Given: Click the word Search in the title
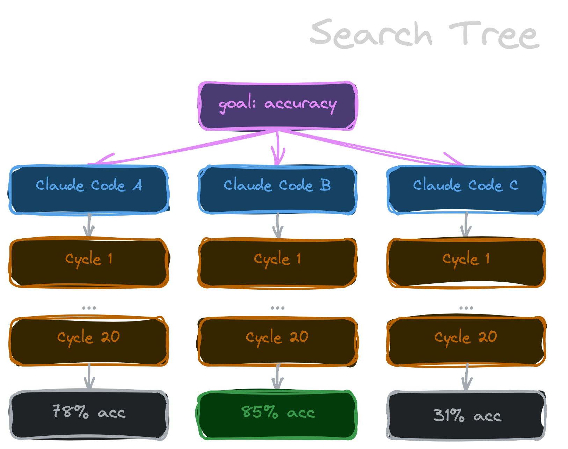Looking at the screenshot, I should tap(371, 34).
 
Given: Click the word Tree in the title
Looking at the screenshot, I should tap(494, 35).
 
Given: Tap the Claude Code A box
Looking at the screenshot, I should tap(89, 189).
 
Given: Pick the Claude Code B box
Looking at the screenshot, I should tap(277, 189).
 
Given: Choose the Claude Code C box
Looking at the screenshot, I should tap(466, 189).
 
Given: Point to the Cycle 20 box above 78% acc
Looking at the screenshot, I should tap(89, 341).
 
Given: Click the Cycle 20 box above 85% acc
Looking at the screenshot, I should tap(277, 341).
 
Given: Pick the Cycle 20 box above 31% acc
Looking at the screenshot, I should tap(466, 341).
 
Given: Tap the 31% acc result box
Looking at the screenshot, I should tap(466, 415).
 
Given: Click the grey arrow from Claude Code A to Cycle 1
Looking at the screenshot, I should tap(89, 225).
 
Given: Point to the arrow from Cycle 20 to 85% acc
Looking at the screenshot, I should tap(278, 377).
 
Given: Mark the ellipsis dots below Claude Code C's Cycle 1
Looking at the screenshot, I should tap(466, 308).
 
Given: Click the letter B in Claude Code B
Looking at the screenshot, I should tap(325, 185).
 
